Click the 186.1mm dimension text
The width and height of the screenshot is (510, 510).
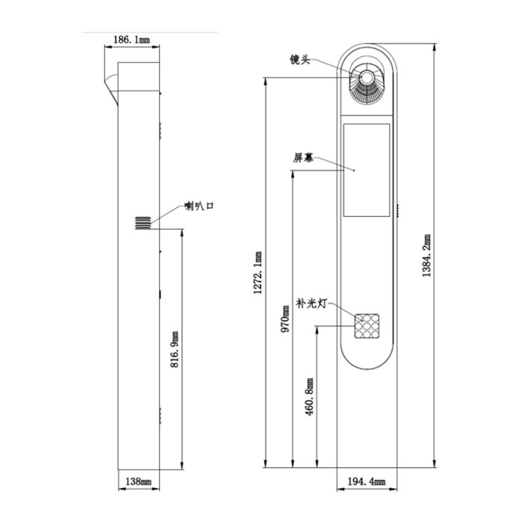tap(132, 41)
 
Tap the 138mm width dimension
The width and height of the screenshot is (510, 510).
tap(138, 481)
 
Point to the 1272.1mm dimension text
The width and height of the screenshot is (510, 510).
tap(258, 273)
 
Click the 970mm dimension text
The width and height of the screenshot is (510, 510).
tap(286, 317)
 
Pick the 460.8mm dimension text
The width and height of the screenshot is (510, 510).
tap(310, 397)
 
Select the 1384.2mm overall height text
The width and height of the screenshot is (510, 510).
tap(427, 256)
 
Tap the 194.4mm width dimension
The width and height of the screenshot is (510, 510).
tap(367, 481)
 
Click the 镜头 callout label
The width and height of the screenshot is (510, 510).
tap(299, 61)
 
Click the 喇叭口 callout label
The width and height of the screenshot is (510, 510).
tap(199, 207)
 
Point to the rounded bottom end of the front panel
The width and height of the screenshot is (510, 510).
tap(367, 364)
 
